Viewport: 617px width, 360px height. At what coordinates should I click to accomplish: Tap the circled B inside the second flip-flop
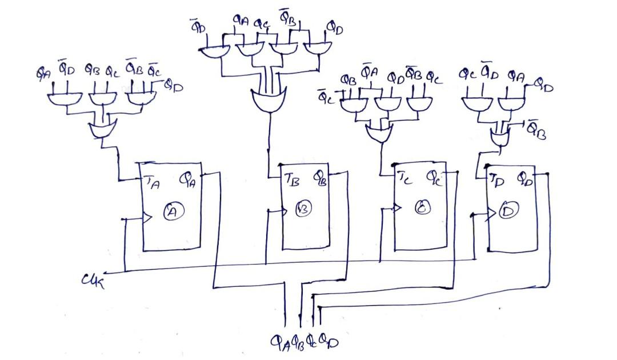point(303,209)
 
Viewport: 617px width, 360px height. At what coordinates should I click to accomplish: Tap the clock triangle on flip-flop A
point(146,218)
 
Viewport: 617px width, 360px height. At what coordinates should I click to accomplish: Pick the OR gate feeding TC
point(378,134)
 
